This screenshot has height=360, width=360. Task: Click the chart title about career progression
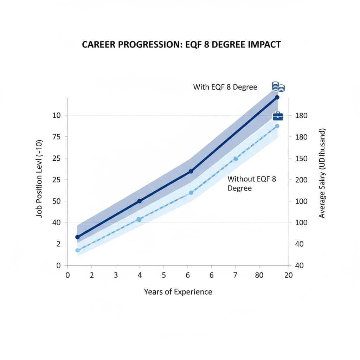click(181, 45)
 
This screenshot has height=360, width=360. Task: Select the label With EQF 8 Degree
click(225, 87)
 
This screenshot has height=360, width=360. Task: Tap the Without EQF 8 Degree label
click(252, 184)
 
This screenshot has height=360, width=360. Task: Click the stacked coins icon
click(278, 86)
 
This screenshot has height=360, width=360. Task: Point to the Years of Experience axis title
click(178, 292)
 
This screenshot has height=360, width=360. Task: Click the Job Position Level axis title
click(40, 179)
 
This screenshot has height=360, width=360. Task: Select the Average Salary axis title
click(322, 173)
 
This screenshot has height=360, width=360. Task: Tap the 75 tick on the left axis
click(56, 137)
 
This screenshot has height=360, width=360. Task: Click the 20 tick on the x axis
click(288, 276)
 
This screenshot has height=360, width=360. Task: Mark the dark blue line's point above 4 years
click(139, 201)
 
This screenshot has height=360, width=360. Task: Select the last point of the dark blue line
click(277, 97)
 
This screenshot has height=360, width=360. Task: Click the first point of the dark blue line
click(78, 237)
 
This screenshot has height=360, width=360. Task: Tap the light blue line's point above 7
click(236, 159)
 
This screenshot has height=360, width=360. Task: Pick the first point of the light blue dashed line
click(78, 250)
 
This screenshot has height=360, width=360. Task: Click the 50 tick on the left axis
click(56, 201)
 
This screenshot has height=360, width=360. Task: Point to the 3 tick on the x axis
click(116, 276)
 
